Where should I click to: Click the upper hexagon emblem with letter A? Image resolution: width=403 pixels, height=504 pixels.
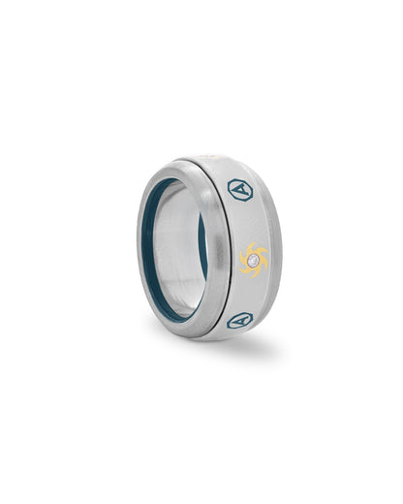tap(239, 188)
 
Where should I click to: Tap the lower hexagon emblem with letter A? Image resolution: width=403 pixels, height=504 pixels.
tap(238, 319)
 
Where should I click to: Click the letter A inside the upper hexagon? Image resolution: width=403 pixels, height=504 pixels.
tap(239, 189)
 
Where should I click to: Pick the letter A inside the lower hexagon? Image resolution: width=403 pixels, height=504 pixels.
tap(238, 319)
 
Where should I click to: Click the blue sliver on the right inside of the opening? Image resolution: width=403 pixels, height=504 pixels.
tap(203, 242)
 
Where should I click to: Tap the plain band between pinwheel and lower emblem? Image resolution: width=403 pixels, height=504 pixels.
tap(248, 294)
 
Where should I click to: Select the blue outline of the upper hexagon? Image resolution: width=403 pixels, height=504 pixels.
tap(230, 187)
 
